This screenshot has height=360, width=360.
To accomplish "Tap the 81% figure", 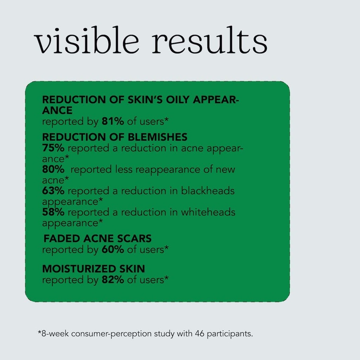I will [113, 122].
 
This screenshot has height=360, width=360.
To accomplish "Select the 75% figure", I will [53, 148].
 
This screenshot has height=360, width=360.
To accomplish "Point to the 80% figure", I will [53, 169].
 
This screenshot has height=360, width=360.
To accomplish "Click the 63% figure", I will [53, 191].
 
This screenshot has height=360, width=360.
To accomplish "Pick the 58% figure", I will [53, 212].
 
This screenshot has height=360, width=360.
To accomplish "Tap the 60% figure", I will [113, 250].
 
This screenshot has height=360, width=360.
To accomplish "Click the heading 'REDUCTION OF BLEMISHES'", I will [115, 137].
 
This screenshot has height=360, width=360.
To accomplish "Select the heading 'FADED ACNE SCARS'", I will [97, 239].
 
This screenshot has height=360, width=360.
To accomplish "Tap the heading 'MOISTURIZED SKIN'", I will [93, 269].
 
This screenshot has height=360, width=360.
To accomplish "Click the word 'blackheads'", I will [208, 191].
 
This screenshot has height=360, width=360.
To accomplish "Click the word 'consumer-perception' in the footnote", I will [111, 334].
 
